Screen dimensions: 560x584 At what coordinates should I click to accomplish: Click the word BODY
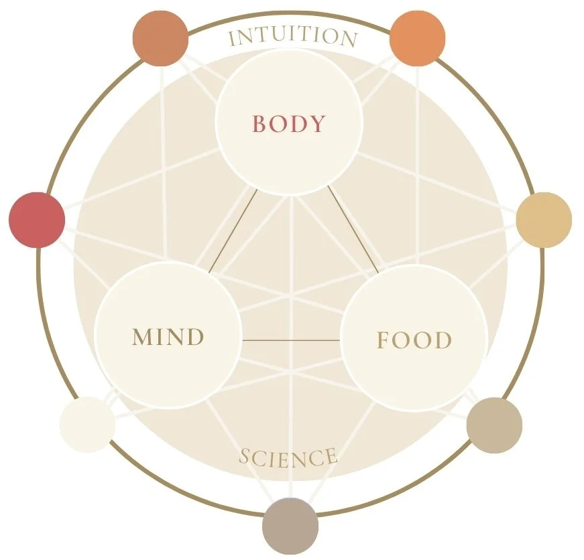coord(288,124)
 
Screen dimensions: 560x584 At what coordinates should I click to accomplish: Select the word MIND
coord(168,337)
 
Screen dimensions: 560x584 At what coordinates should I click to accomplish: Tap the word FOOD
coord(414,340)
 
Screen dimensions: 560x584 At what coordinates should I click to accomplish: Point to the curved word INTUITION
coord(292,38)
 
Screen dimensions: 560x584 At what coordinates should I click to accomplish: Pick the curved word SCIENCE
coord(288,458)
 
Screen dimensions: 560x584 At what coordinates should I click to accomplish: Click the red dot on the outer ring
coord(37,220)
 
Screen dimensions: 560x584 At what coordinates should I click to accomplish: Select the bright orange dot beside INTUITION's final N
coord(417,38)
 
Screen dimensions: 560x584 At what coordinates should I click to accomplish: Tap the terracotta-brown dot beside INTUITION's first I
coord(160,39)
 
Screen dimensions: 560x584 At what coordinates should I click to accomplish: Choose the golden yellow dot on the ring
coord(544,220)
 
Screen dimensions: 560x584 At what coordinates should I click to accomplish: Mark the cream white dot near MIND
coord(87,424)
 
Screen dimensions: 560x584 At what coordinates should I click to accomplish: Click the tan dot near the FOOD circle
coord(494,425)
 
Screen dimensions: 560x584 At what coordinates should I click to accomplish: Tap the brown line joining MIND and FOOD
coord(290,340)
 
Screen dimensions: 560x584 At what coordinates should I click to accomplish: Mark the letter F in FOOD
coord(383,340)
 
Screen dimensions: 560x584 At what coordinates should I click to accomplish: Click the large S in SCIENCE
coord(245,457)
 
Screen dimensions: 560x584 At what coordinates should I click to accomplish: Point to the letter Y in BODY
coord(317,125)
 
